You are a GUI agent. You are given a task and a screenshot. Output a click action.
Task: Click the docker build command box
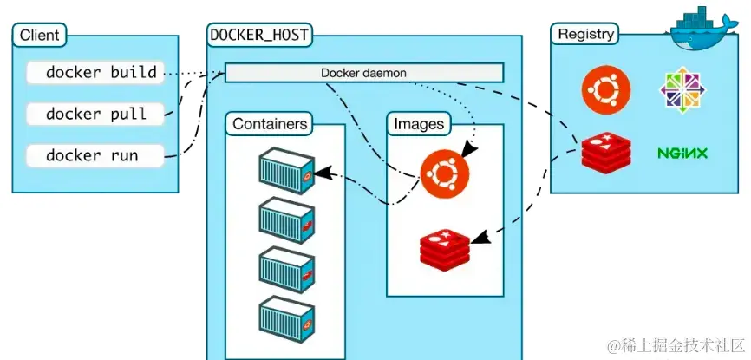pos(95,73)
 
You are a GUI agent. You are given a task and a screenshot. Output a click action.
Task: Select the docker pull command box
pos(95,114)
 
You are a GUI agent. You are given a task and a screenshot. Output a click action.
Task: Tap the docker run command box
pos(95,156)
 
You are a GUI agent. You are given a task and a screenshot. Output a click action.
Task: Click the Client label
pos(38,36)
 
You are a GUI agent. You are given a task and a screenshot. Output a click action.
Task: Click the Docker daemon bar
pos(363,73)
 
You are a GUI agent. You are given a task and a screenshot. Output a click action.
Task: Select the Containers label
pos(270,124)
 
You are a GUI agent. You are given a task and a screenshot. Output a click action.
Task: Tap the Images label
pos(419,124)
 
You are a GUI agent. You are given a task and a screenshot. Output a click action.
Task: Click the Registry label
pos(586,35)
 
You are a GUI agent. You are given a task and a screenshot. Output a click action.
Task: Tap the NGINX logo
pos(683,154)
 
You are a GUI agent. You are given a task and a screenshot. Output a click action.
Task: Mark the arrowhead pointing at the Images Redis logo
pos(483,233)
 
